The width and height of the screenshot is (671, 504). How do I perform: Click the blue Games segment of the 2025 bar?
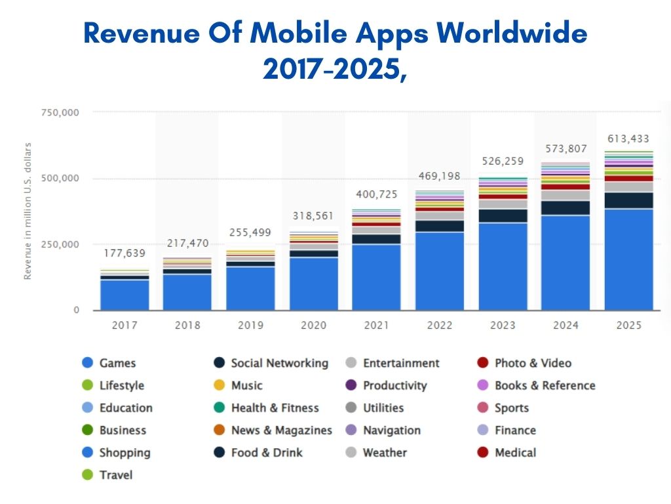[628, 259]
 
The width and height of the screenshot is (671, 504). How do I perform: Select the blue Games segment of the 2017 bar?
[125, 295]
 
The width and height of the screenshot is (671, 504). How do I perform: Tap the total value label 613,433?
[628, 138]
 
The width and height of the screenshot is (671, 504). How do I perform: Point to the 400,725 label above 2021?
[377, 194]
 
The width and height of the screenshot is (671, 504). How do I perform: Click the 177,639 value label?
[125, 253]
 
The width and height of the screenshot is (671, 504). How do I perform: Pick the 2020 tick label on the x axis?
[314, 325]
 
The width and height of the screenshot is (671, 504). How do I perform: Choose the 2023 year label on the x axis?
[503, 325]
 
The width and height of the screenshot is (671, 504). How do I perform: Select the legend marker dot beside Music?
[220, 385]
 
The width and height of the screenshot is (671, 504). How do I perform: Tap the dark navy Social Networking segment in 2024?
[566, 208]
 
